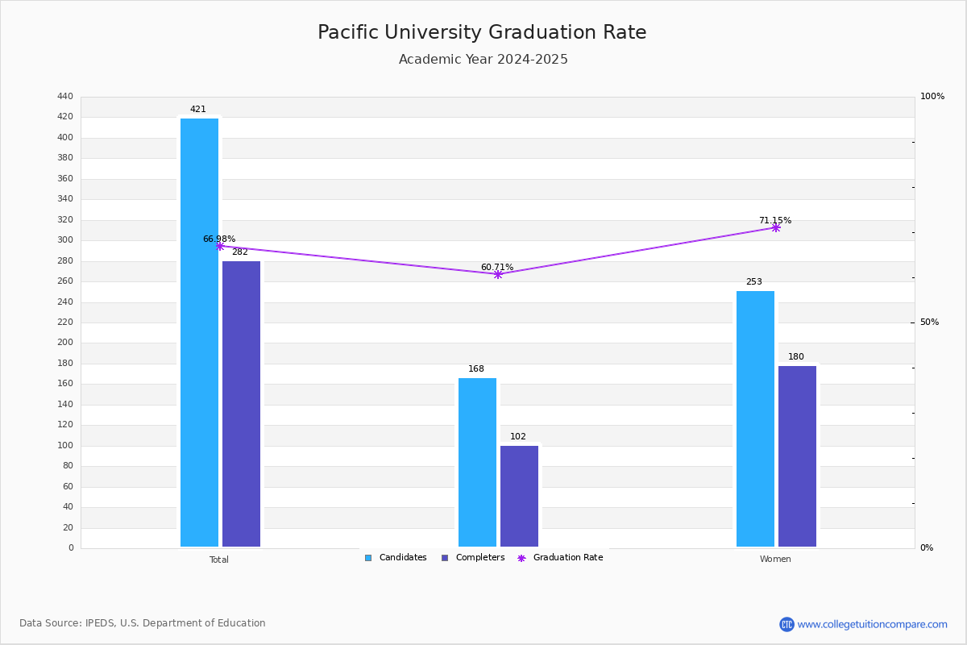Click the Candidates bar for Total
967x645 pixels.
pos(200,332)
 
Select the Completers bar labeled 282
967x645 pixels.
pos(241,404)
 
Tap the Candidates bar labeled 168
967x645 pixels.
pos(477,462)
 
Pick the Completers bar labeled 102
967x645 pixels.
pos(519,496)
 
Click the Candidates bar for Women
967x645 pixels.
pos(756,418)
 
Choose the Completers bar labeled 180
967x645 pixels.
pos(797,456)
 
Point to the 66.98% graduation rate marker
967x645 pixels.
pos(220,246)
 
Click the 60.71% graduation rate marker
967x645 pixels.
pos(498,274)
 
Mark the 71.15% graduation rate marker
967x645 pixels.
pos(776,227)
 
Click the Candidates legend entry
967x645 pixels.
pos(396,558)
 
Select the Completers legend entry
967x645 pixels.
pos(473,558)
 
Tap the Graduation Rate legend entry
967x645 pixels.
pos(560,558)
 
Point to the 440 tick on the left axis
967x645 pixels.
pos(65,96)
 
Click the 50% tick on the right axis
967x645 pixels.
pos(929,322)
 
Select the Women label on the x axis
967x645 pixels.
pos(775,559)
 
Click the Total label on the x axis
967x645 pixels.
pos(219,560)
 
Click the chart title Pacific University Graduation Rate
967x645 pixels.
pos(482,32)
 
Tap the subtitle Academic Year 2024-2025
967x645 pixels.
pos(483,59)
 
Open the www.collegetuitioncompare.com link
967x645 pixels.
pos(872,624)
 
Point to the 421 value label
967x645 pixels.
pos(198,110)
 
